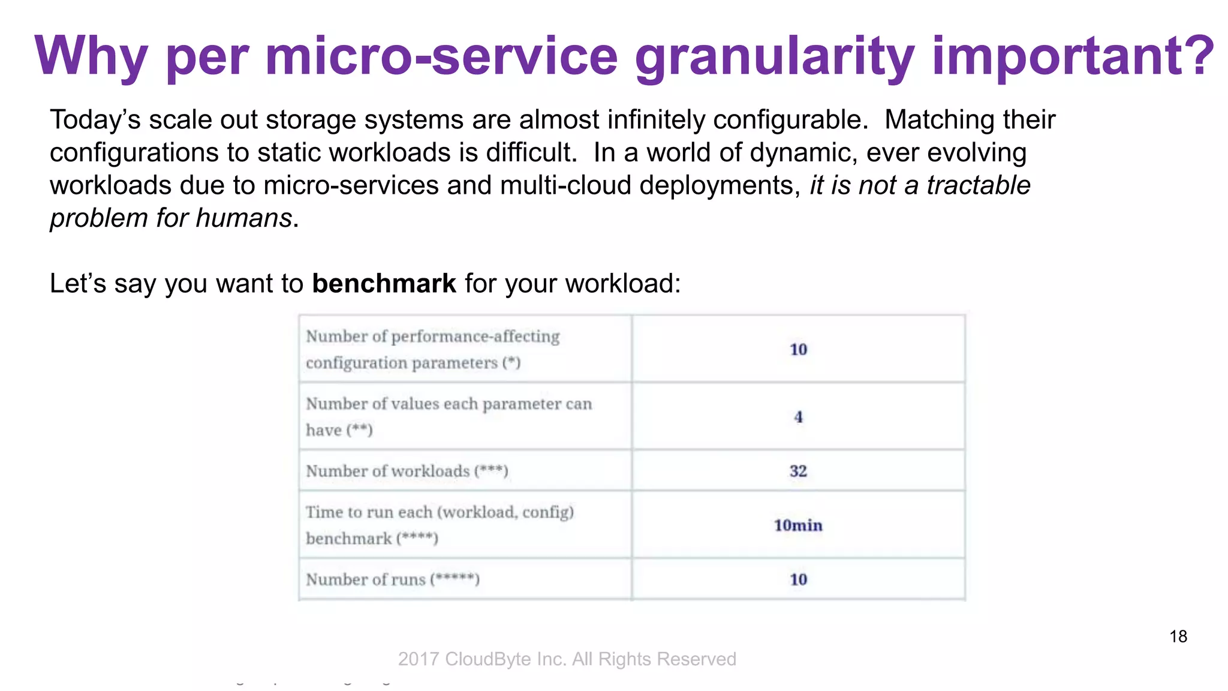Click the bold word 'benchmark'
coord(384,284)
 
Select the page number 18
coord(1178,636)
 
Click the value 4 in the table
coord(798,417)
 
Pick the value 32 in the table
coord(798,471)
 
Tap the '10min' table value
coord(798,525)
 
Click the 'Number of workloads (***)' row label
coord(407,471)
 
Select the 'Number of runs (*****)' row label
coord(393,579)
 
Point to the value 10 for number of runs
coord(798,579)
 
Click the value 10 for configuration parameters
coord(798,349)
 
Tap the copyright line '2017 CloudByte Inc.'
coord(567,659)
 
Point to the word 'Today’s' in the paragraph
coord(95,120)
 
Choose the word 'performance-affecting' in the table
coord(475,337)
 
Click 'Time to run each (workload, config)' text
coord(440,512)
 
